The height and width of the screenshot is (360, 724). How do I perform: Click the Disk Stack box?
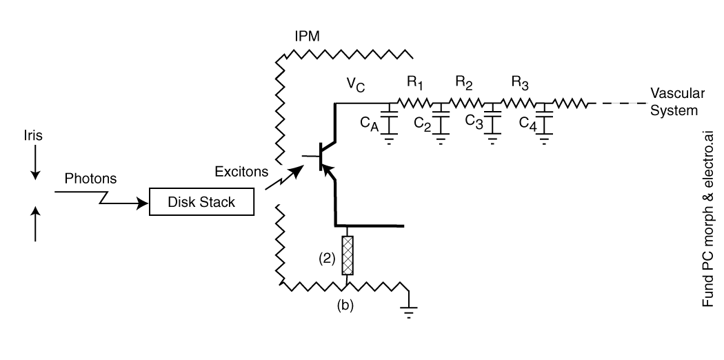coord(201,201)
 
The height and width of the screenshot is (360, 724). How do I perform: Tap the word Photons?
coord(90,179)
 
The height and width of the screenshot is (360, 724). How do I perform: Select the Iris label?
coord(33,136)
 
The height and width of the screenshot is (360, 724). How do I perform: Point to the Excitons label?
coord(241,172)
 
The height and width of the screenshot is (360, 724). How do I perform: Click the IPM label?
coord(307,36)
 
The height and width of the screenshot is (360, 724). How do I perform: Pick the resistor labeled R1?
coord(414,103)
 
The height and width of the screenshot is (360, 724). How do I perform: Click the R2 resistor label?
coord(464,82)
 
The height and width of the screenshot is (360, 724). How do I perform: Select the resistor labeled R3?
coord(519,103)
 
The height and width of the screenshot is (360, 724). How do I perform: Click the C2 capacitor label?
coord(423,124)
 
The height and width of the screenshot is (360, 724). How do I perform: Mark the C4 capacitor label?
coord(527,124)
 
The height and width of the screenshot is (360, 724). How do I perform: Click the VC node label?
coord(356,84)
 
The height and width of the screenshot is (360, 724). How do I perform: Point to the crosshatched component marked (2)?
coord(348,255)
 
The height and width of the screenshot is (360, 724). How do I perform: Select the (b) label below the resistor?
coord(345,305)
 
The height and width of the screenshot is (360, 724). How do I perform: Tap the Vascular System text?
coord(677,102)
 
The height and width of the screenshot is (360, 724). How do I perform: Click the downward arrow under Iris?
coord(36,163)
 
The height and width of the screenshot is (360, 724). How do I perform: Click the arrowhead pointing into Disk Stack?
coord(142,203)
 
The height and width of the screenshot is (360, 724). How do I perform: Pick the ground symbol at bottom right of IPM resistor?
coord(409,312)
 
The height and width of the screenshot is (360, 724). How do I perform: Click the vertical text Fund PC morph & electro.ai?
coord(708,219)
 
